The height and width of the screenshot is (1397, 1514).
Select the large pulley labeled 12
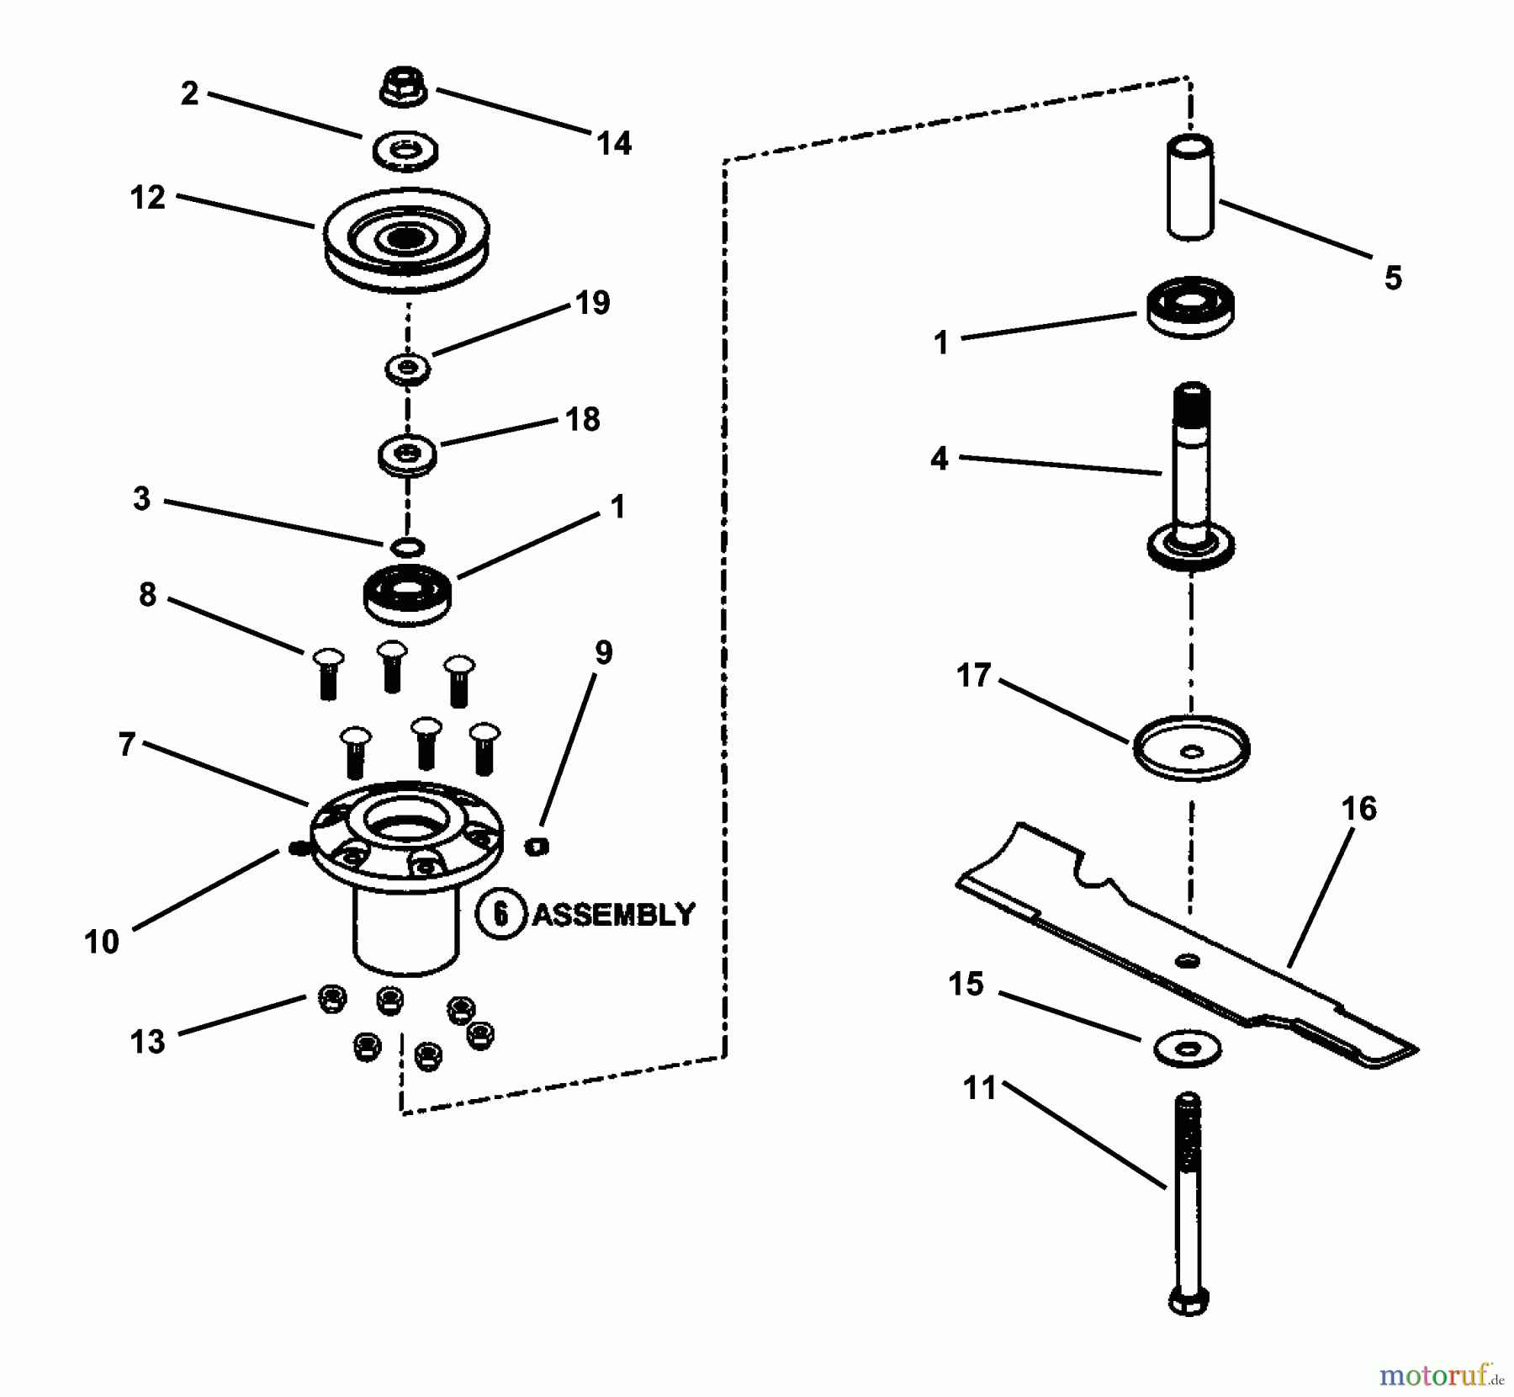point(406,241)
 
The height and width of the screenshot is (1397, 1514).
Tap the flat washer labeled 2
point(405,151)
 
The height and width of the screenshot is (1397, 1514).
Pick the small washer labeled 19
point(408,368)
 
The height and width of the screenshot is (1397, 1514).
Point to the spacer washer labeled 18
point(407,455)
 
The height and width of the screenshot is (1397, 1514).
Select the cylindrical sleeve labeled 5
point(1190,187)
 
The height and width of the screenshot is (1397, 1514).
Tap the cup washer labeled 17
point(1191,747)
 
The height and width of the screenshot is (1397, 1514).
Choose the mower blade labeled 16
point(1186,946)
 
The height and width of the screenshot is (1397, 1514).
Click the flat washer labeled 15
point(1187,1049)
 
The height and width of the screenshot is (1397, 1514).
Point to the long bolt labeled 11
point(1188,1203)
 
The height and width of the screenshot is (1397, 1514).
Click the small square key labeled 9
point(537,846)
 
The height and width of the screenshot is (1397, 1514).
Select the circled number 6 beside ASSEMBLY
point(501,914)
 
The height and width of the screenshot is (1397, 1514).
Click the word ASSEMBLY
point(614,914)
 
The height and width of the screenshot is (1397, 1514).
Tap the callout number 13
point(148,1042)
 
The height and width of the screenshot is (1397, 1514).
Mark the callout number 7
point(127,745)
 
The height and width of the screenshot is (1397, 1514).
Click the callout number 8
point(147,595)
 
